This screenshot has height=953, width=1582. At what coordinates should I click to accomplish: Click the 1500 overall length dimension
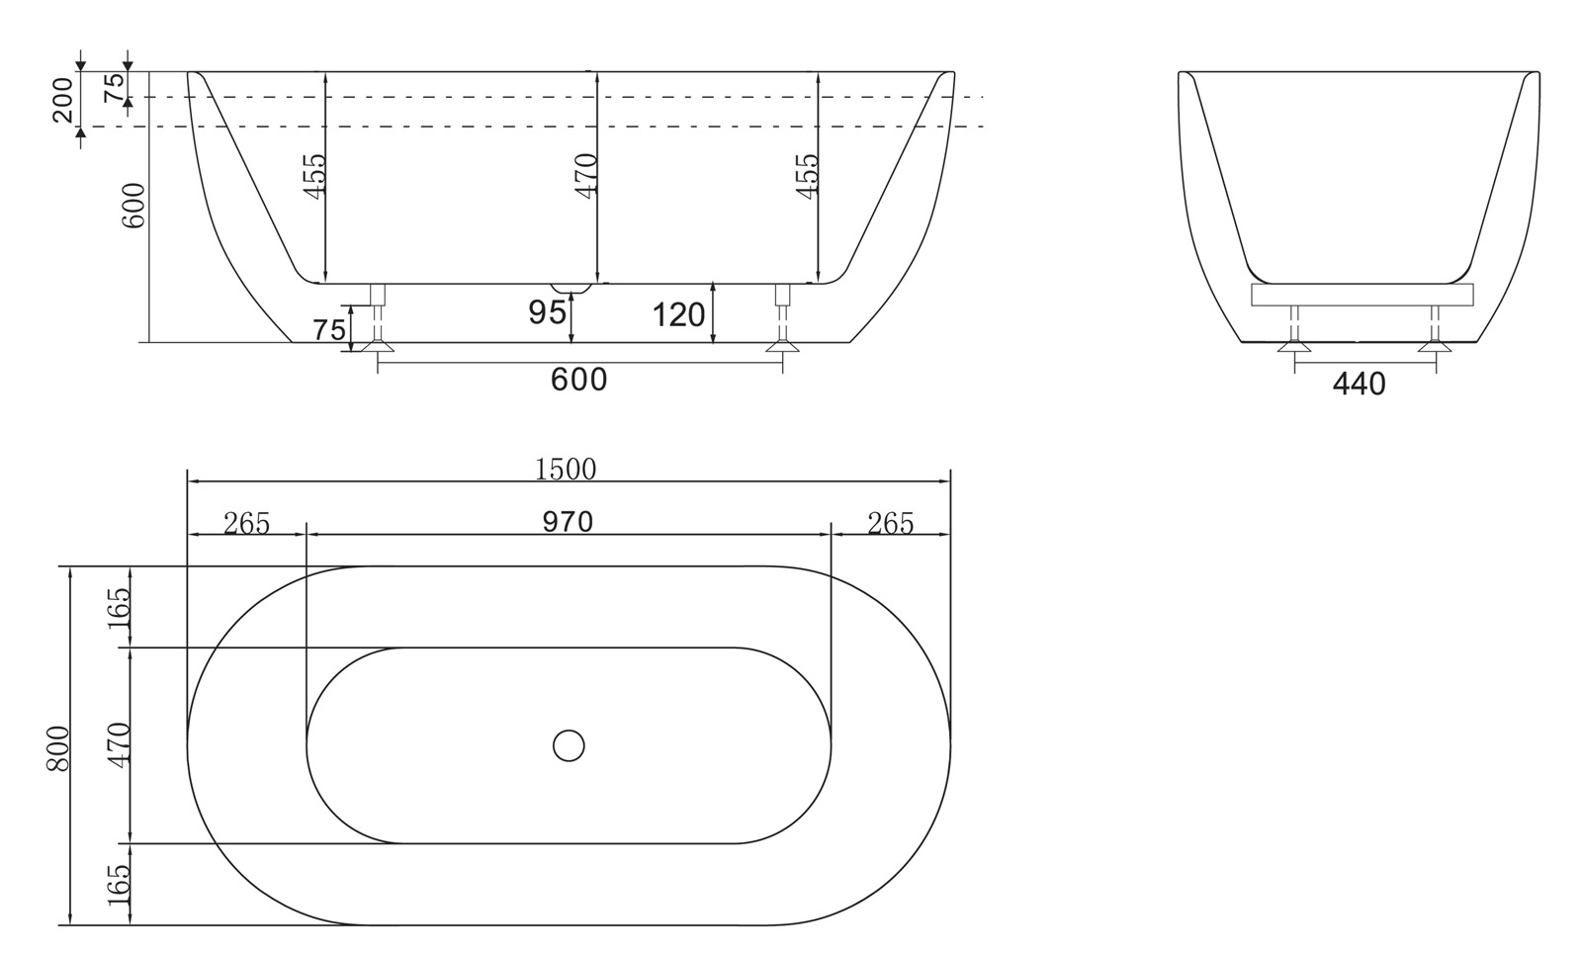coord(566,469)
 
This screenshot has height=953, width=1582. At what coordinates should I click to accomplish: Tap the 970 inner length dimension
coord(568,521)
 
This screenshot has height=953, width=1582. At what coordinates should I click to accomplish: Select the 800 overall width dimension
coord(58,748)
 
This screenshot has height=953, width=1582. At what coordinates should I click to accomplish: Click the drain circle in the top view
coord(569,745)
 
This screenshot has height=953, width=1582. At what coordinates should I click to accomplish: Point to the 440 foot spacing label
coord(1359,384)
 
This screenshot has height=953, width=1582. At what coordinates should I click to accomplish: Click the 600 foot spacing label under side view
coord(578,379)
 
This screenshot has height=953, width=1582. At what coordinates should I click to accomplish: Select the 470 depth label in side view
coord(586,176)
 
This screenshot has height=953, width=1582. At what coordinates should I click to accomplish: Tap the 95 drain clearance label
coord(547,312)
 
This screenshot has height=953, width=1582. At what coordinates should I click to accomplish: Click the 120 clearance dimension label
coord(678,315)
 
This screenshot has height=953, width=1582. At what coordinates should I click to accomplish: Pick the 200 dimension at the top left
coord(62,99)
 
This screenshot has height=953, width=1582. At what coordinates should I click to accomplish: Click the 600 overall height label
coord(132,206)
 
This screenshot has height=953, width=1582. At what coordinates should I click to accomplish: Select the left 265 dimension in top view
coord(246,523)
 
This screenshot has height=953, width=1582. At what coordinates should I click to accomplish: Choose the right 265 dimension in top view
coord(890,523)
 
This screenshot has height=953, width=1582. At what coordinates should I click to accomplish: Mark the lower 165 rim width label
coord(119,886)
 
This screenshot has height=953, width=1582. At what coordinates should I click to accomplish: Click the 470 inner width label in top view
coord(119,745)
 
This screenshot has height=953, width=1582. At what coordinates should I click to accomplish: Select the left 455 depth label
coord(313,176)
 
